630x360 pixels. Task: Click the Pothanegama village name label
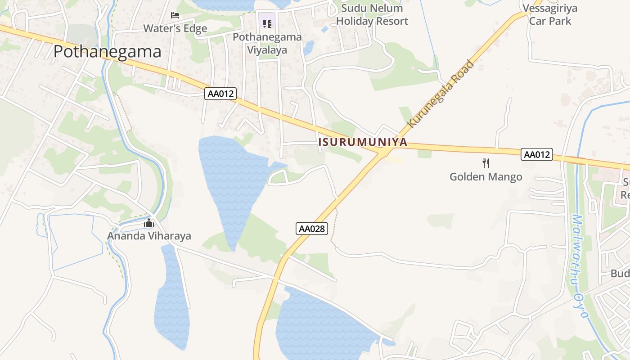tap(107, 52)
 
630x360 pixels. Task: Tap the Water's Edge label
tap(175, 28)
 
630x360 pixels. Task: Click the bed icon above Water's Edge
tap(175, 15)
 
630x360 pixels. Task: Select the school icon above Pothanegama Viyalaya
tap(267, 23)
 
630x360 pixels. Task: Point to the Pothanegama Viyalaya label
tap(267, 43)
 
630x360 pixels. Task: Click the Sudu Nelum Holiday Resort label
tap(372, 15)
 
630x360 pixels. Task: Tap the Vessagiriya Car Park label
tap(550, 15)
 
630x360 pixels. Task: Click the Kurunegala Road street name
tap(441, 94)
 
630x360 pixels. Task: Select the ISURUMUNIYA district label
tap(363, 142)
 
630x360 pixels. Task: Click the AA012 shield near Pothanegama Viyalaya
tap(220, 94)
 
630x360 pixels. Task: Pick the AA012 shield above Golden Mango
tap(537, 154)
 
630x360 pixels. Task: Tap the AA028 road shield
tap(312, 229)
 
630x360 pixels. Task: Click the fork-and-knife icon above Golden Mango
tap(486, 163)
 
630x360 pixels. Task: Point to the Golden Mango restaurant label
tap(486, 177)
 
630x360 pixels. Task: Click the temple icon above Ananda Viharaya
tap(149, 223)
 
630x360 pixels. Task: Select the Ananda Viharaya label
tap(149, 236)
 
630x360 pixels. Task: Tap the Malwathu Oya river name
tap(579, 265)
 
